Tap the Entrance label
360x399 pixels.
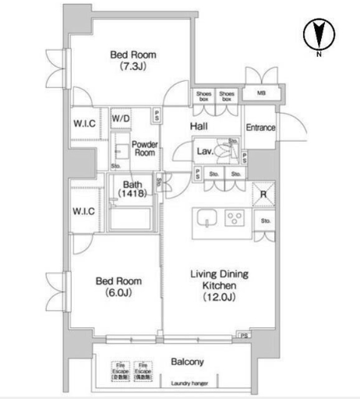pos(260,128)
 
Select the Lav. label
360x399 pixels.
pos(206,150)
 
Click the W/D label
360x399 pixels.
pos(121,118)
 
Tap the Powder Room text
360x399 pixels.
pos(144,149)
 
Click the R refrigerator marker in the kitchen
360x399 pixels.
pos(263,195)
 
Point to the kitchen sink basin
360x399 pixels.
pos(207,218)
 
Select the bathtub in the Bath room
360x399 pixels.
pos(132,217)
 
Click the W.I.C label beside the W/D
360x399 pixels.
pos(84,123)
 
